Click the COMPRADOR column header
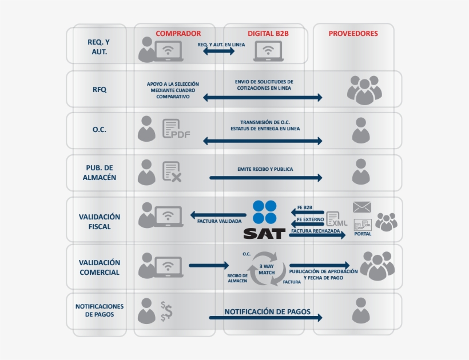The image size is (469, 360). click(178, 34)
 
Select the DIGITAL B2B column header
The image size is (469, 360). click(268, 34)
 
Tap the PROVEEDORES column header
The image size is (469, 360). click(353, 34)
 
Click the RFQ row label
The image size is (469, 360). click(100, 90)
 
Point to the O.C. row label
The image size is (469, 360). click(100, 130)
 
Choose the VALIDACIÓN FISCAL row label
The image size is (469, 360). click(100, 222)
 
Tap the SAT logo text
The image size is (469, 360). click(264, 233)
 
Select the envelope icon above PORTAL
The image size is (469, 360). click(361, 207)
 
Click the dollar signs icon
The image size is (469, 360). click(166, 310)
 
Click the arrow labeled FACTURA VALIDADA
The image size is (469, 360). click(217, 215)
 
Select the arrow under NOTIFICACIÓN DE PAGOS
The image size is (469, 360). click(266, 318)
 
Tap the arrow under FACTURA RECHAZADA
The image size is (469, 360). click(318, 235)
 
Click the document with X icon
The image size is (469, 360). click(172, 172)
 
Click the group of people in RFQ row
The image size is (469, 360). click(364, 90)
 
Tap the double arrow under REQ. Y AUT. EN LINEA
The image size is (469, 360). click(218, 51)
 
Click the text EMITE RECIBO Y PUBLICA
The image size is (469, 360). click(265, 170)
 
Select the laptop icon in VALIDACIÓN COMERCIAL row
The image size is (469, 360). click(168, 267)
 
